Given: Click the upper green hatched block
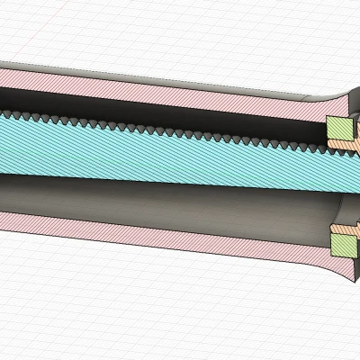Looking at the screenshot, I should point(338,128).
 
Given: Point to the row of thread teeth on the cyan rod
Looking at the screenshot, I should point(180,128).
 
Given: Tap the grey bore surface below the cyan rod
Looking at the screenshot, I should point(180,193).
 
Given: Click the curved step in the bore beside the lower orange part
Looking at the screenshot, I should point(335,216).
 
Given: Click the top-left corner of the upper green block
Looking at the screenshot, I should point(327,120).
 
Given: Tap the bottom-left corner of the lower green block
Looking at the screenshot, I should point(332,254).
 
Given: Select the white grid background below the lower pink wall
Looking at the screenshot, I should point(135,306).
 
